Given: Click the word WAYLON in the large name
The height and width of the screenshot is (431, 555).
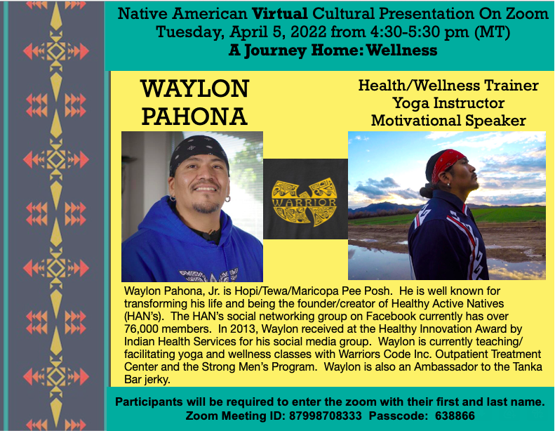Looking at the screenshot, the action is click(x=194, y=89).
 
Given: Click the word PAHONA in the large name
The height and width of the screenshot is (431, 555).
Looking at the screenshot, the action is click(x=194, y=117).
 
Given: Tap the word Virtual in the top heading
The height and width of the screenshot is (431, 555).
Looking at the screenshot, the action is click(x=280, y=14).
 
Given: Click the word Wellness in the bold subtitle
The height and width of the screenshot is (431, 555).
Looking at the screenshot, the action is click(x=402, y=51).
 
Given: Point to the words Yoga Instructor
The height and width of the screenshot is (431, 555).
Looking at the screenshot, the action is click(x=448, y=103).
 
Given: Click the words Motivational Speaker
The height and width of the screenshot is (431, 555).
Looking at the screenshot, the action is click(x=448, y=121).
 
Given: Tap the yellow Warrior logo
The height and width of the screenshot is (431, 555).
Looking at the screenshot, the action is click(x=304, y=201).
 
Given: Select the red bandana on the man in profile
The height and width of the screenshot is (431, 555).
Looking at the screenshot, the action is click(x=447, y=161).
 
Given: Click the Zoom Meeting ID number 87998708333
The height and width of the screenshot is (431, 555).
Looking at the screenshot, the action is click(x=326, y=416).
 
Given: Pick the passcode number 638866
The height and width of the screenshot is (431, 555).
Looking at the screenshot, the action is click(x=455, y=416).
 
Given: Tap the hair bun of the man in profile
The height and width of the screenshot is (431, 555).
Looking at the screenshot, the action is click(x=426, y=190).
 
